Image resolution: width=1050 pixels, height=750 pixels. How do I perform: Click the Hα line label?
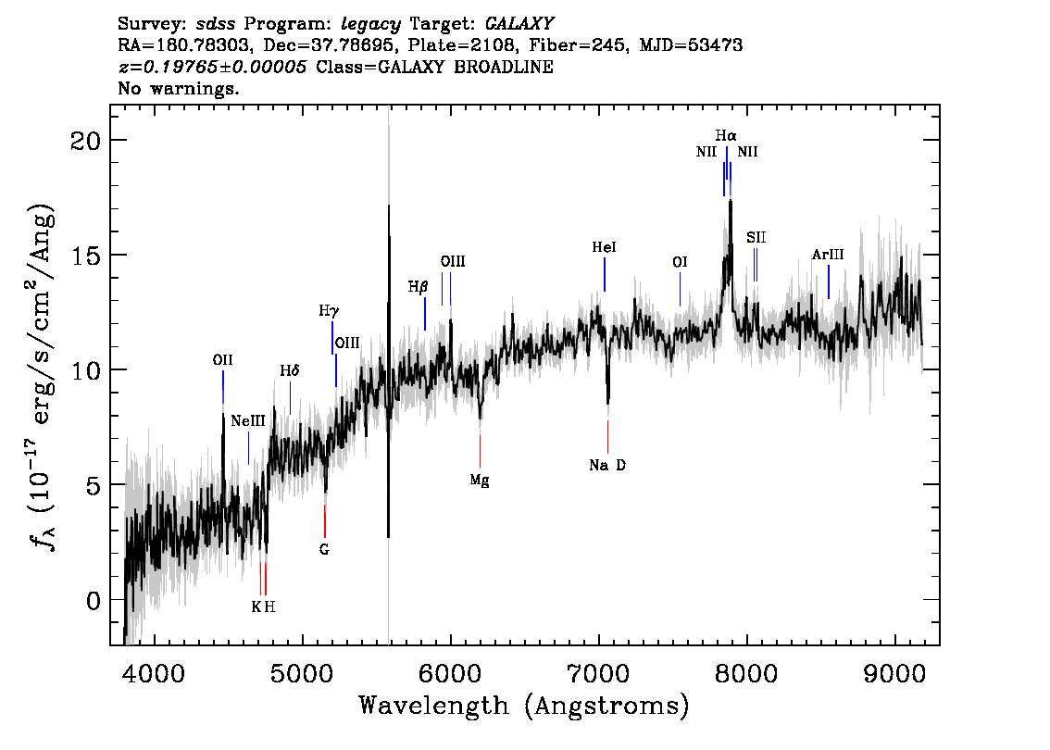point(726,136)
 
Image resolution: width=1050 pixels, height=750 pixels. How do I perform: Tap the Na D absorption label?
point(607,465)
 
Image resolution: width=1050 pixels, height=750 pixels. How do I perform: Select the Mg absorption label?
point(480,481)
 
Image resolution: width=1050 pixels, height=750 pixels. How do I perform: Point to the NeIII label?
point(248,421)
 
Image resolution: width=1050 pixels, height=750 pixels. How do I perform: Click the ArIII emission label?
point(828,255)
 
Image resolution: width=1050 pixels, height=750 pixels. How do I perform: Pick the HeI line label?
point(604,247)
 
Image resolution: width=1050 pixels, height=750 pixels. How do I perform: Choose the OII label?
point(222,360)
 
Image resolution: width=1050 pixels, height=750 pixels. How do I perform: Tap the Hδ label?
point(289,371)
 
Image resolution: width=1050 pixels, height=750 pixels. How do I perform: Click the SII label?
point(756,238)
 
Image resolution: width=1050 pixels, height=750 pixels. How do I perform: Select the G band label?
point(324,550)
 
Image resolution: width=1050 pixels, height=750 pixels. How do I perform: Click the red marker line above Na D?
point(608,437)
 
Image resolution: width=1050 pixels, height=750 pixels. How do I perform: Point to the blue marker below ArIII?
point(829,281)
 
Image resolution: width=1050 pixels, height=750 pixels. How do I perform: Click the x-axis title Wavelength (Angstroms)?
point(524,706)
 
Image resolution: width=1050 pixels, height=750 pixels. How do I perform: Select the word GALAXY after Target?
point(519,24)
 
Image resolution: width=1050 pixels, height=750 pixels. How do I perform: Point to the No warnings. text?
point(179,88)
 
